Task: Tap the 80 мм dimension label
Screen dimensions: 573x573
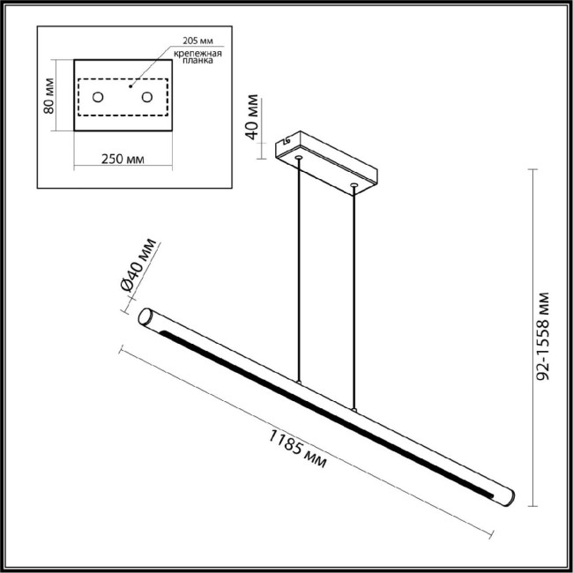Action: (x=50, y=96)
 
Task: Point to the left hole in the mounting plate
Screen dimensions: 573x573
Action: (x=99, y=96)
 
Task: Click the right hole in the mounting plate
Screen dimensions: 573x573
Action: (x=147, y=96)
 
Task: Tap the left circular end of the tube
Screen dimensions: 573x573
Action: (x=145, y=318)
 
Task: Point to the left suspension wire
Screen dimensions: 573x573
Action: (x=300, y=264)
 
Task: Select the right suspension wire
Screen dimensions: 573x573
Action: (x=354, y=291)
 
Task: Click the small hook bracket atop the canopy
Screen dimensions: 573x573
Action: (x=286, y=140)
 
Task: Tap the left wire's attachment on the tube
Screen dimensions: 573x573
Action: (x=300, y=383)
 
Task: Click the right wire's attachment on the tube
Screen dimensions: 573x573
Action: (x=354, y=410)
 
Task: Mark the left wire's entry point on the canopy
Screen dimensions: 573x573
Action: (x=300, y=159)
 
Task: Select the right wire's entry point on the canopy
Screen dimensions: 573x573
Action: (x=353, y=185)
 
